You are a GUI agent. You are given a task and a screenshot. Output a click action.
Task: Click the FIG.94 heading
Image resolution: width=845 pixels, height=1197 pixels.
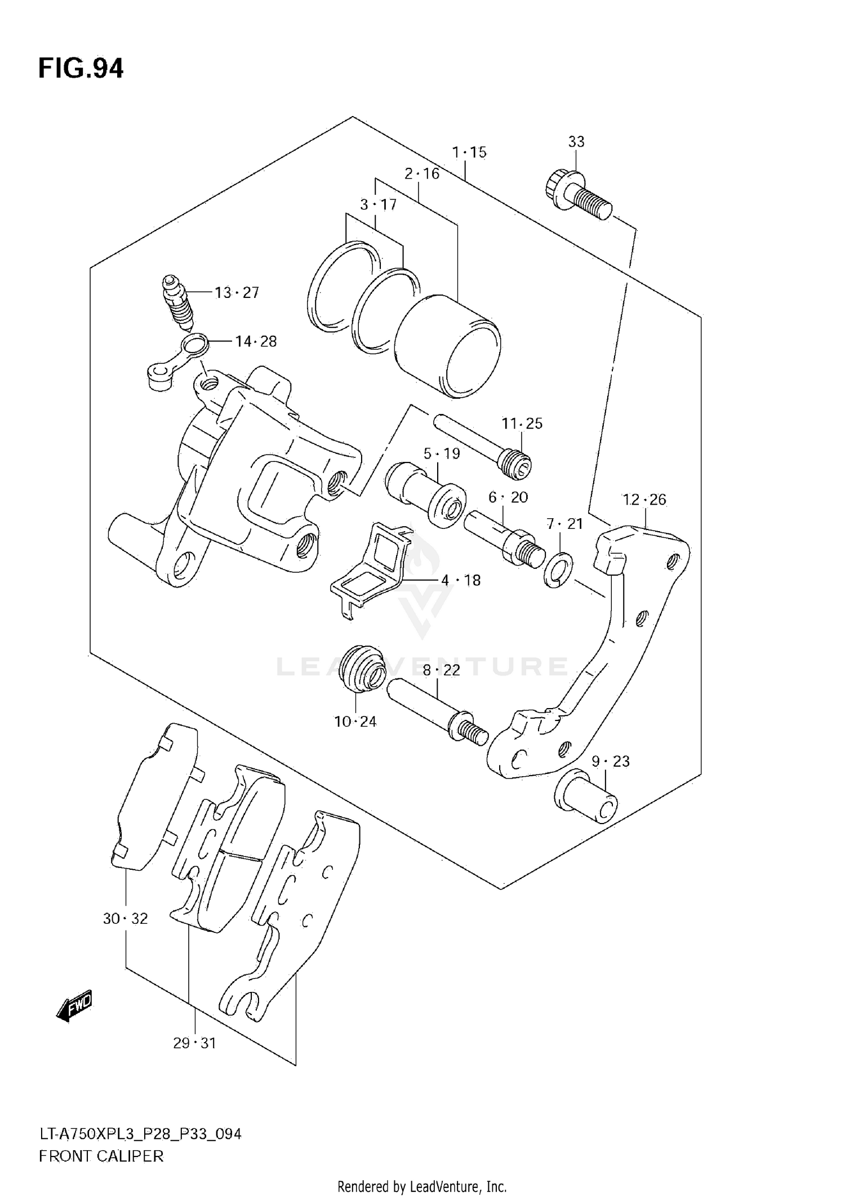(x=81, y=69)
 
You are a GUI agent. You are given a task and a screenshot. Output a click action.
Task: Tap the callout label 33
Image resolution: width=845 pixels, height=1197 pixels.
(x=576, y=142)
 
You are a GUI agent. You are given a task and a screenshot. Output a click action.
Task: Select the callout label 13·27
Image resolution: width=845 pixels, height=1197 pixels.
(x=237, y=292)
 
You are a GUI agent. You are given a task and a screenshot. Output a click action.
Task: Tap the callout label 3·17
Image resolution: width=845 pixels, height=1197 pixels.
(x=379, y=204)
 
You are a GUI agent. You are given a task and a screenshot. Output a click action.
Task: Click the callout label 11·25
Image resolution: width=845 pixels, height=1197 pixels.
(x=522, y=423)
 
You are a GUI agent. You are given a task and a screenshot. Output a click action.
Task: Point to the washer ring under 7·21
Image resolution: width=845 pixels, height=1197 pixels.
(x=558, y=570)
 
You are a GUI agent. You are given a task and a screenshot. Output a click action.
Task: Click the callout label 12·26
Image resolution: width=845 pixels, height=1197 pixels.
(x=644, y=499)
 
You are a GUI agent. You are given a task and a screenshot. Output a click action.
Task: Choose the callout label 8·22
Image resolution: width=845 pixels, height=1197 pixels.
(x=442, y=670)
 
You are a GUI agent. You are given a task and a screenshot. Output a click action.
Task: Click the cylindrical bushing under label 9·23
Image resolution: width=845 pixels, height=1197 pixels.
(x=586, y=795)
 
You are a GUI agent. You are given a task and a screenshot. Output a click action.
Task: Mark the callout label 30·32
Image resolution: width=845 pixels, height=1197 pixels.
(x=125, y=919)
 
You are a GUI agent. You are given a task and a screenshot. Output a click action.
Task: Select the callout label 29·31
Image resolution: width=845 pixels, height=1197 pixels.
(x=194, y=1043)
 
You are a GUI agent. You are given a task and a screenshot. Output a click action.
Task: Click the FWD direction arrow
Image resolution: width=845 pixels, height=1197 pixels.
(x=74, y=1006)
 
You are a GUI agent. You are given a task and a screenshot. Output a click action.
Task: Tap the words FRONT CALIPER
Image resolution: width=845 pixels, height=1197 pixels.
(x=101, y=1156)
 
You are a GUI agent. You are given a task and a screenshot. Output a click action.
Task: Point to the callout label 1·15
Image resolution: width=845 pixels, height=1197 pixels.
(x=469, y=152)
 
